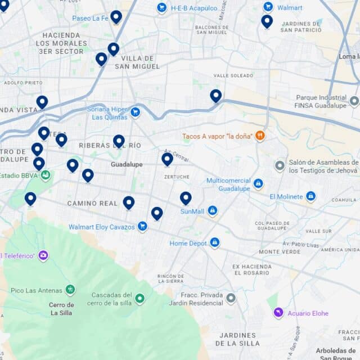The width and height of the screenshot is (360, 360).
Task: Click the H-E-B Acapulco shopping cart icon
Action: pyautogui.click(x=161, y=8)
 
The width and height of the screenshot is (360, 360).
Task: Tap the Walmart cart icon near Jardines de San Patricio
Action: pyautogui.click(x=268, y=7)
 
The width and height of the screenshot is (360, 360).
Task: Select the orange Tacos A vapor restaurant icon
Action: pyautogui.click(x=260, y=136)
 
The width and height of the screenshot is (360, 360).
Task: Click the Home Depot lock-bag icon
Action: pyautogui.click(x=214, y=243)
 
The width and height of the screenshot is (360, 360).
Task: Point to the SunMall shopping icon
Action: pyautogui.click(x=212, y=211)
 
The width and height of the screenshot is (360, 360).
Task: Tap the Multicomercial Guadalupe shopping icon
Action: pyautogui.click(x=258, y=184)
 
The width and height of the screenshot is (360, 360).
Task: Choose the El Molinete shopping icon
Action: pyautogui.click(x=310, y=196)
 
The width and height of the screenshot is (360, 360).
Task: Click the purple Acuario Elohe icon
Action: pyautogui.click(x=278, y=313)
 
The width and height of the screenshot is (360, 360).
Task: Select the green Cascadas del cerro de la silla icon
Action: pyautogui.click(x=139, y=299)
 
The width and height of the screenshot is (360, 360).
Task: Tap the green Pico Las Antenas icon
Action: pyautogui.click(x=70, y=290)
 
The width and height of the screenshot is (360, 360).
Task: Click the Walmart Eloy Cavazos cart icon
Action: pyautogui.click(x=142, y=227)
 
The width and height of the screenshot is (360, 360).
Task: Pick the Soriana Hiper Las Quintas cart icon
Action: pyautogui.click(x=135, y=112)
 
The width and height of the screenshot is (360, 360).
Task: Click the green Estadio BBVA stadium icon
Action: pyautogui.click(x=46, y=174)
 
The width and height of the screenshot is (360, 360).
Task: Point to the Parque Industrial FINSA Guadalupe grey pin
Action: pyautogui.click(x=354, y=101)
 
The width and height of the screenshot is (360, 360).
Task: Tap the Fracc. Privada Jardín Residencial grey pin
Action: pyautogui.click(x=231, y=298)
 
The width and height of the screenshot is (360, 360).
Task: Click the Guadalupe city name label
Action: pyautogui.click(x=127, y=164)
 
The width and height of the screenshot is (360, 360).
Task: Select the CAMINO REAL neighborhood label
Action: pyautogui.click(x=92, y=203)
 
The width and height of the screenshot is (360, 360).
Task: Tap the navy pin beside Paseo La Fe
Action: pyautogui.click(x=116, y=17)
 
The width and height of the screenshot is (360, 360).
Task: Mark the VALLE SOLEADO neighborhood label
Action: pyautogui.click(x=233, y=75)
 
